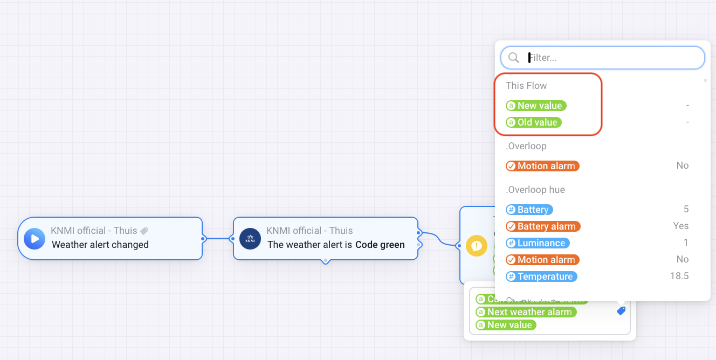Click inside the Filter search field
(x=609, y=58)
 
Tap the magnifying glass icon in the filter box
(x=514, y=58)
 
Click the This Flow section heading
(x=526, y=86)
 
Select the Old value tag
(x=534, y=122)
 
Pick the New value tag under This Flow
(x=536, y=106)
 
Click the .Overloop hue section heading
(x=535, y=190)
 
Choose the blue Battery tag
(x=529, y=210)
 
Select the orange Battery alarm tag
(x=543, y=226)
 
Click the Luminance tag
(x=538, y=243)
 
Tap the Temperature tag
(x=541, y=276)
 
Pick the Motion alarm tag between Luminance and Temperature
(x=542, y=260)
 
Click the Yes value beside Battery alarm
(x=680, y=226)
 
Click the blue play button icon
(x=35, y=238)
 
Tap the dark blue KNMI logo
(x=250, y=238)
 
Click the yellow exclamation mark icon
(x=477, y=246)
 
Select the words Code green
(x=380, y=245)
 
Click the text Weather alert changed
(x=100, y=245)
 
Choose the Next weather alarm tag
(x=526, y=312)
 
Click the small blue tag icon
(x=621, y=311)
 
